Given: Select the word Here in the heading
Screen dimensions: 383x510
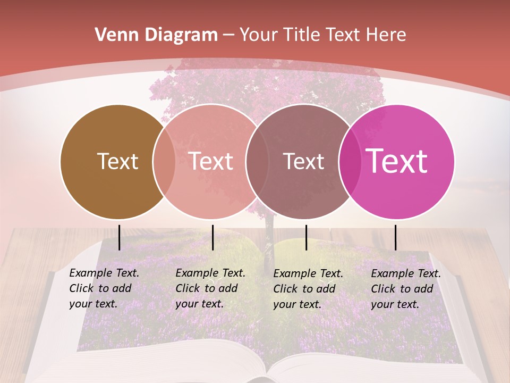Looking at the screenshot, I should (x=387, y=35).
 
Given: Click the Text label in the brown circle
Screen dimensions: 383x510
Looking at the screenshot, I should (x=117, y=161).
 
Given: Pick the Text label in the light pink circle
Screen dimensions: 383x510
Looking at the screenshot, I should (x=211, y=161).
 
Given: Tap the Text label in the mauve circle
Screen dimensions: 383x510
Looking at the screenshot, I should (x=304, y=161).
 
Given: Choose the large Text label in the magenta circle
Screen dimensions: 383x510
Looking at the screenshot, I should (x=397, y=161).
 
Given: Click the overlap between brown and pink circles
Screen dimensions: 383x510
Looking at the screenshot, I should (x=164, y=162).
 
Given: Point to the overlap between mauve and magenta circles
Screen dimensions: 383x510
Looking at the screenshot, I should (x=350, y=162).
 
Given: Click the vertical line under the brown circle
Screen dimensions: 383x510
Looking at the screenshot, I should (x=120, y=237).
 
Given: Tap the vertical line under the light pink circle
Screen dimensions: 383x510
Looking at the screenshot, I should (x=212, y=237).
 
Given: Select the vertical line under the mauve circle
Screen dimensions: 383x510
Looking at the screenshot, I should (x=307, y=237).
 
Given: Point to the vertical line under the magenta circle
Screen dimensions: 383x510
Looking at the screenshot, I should (x=395, y=237).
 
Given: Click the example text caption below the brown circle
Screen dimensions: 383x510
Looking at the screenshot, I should (x=104, y=288).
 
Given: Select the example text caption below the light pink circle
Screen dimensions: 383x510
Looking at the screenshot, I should (x=210, y=288).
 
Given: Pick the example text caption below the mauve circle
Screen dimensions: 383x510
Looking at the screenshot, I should (x=308, y=289).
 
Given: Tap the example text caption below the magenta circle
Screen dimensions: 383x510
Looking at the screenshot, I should (x=405, y=289).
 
